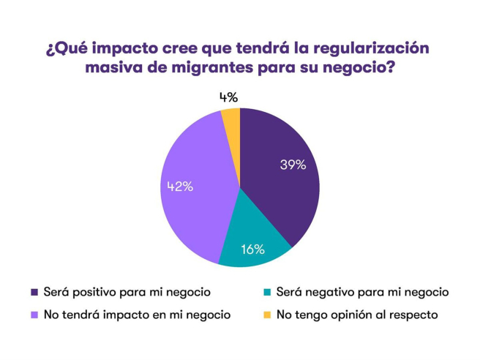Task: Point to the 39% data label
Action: coord(293,165)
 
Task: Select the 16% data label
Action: coord(252,250)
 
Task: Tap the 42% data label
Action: coord(177,187)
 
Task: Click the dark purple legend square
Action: coord(34,292)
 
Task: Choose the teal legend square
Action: coord(267,292)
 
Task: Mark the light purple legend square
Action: coord(34,315)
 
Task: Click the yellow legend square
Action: coord(267,315)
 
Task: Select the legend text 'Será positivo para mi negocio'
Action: coord(127,292)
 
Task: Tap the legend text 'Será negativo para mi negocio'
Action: coord(362,292)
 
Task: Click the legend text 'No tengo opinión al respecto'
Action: coord(357,315)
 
